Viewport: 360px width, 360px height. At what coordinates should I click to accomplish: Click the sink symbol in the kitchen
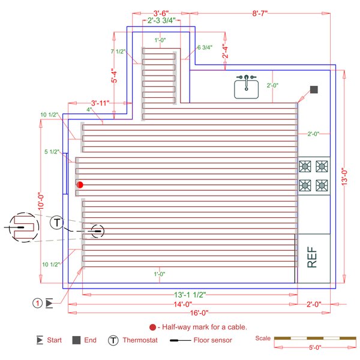pyautogui.click(x=246, y=88)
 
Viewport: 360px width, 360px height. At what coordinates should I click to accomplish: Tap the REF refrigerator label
pyautogui.click(x=312, y=257)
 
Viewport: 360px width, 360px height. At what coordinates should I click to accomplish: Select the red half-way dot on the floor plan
pyautogui.click(x=80, y=185)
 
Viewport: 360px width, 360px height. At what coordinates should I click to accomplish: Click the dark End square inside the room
pyautogui.click(x=313, y=89)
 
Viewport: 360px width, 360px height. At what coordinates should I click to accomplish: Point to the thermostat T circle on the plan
pyautogui.click(x=56, y=223)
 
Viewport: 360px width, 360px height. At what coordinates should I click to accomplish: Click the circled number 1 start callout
pyautogui.click(x=37, y=304)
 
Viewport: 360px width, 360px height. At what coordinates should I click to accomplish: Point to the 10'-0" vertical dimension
pyautogui.click(x=41, y=201)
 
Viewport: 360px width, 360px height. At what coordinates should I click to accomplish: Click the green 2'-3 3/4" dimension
pyautogui.click(x=161, y=20)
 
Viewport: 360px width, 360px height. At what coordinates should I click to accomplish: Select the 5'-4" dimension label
pyautogui.click(x=114, y=77)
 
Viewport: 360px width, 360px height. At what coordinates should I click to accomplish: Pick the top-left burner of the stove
pyautogui.click(x=305, y=166)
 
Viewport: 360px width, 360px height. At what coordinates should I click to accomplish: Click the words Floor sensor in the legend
pyautogui.click(x=212, y=340)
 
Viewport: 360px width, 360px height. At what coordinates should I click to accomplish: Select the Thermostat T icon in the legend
pyautogui.click(x=113, y=340)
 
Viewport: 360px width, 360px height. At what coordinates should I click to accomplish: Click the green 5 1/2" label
pyautogui.click(x=52, y=152)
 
